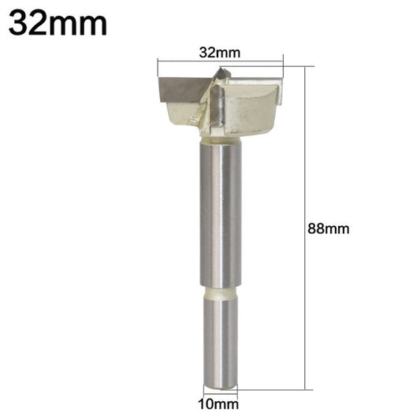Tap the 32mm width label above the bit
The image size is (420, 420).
[219, 53]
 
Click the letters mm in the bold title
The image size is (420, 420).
[82, 24]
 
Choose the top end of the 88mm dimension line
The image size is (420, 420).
[303, 66]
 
